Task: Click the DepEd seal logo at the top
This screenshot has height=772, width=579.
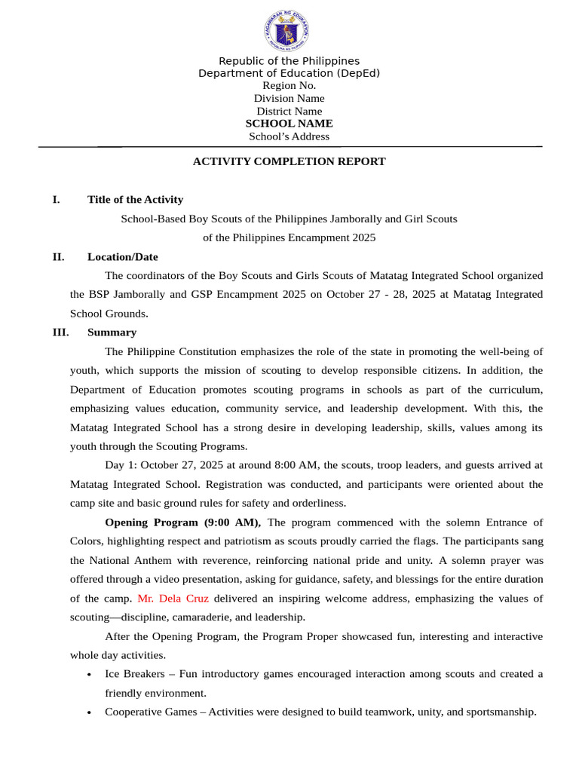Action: (x=286, y=32)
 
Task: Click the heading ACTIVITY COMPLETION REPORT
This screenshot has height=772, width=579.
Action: (x=289, y=161)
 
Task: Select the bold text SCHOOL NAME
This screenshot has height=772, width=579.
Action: (x=289, y=124)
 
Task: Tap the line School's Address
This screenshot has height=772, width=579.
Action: (x=289, y=136)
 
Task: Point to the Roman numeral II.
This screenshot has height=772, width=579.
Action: (x=58, y=257)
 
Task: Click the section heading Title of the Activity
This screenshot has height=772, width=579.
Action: (x=135, y=200)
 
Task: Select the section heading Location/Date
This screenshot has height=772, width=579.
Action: (x=122, y=257)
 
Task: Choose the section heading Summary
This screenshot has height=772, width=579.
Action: (x=112, y=332)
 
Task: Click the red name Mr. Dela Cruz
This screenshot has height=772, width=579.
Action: (x=173, y=599)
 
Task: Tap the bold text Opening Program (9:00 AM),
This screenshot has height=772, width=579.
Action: (x=183, y=522)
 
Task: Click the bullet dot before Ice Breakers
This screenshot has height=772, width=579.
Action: (x=90, y=675)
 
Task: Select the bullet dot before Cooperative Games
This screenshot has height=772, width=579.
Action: (x=90, y=712)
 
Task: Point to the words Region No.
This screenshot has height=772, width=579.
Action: (x=289, y=86)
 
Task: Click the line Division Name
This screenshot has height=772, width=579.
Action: (x=289, y=99)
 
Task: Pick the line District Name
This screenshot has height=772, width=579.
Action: (x=289, y=112)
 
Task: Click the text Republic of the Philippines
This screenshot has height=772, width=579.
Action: (x=289, y=61)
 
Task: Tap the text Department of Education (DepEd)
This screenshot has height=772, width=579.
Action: (x=289, y=73)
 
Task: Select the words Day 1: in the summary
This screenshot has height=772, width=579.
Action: (x=121, y=465)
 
